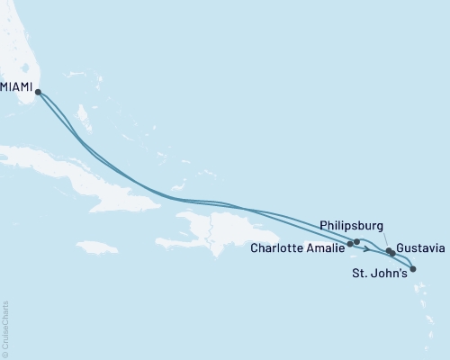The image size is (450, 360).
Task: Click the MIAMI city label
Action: pos(17,88)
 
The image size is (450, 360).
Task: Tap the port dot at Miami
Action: pos(38,91)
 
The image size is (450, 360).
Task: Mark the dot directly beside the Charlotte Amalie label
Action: pos(350,243)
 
